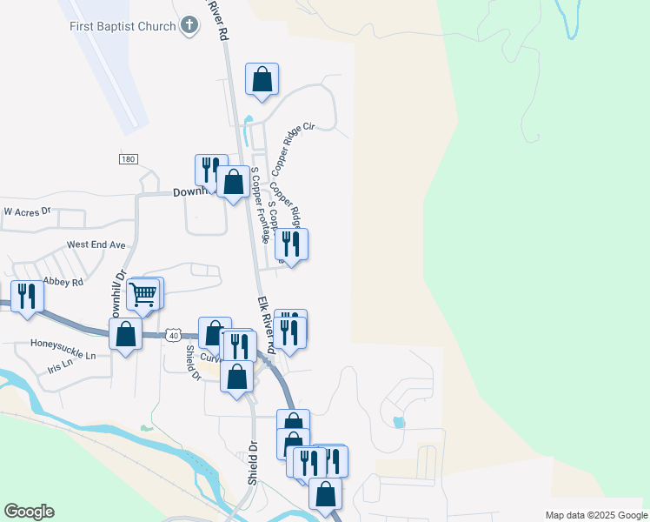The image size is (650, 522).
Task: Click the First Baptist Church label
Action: (123, 26)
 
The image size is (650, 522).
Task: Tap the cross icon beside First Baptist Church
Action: (189, 26)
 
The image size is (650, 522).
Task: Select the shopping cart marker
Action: (144, 296)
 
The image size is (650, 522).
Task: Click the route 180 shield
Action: (129, 158)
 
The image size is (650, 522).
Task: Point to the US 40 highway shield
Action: (174, 335)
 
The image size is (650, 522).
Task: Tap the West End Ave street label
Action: (96, 245)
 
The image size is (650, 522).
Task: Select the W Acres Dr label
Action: (28, 211)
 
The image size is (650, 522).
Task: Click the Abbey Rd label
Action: (64, 282)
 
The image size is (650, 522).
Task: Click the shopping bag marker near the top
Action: (262, 80)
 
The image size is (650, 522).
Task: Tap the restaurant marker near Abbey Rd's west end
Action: (26, 296)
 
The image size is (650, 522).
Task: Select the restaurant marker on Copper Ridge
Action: (291, 244)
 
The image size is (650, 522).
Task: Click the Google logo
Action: (29, 511)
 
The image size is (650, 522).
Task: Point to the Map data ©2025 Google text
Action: (594, 515)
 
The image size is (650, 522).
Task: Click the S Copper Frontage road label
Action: (258, 204)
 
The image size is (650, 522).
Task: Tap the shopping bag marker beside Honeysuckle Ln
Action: (126, 334)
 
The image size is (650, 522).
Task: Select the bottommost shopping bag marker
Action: (325, 494)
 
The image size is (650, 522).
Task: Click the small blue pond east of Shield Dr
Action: (398, 423)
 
